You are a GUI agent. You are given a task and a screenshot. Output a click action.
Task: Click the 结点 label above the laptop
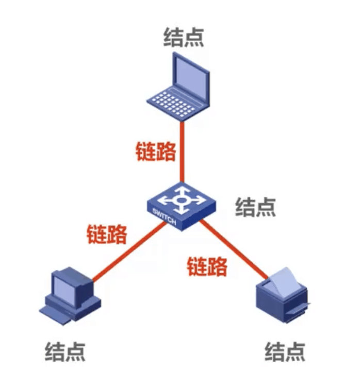point(184,37)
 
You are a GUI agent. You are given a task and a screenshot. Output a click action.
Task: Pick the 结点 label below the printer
point(285,351)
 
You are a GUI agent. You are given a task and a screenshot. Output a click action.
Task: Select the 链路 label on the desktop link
point(107,235)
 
